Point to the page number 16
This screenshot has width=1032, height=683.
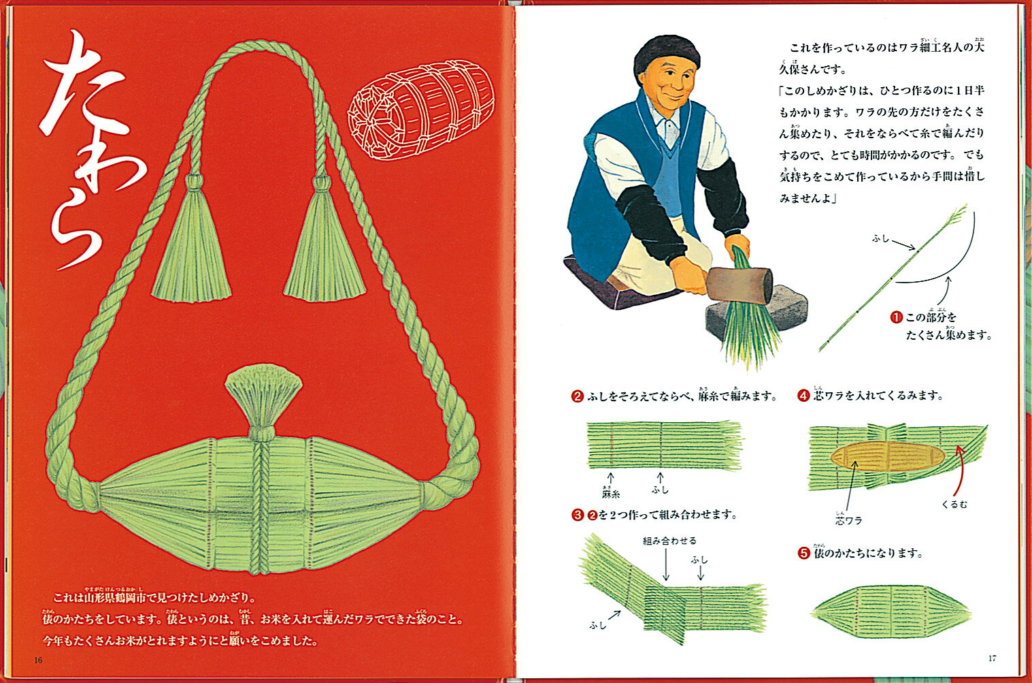(x=38, y=660)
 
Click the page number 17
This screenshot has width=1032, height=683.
(x=993, y=658)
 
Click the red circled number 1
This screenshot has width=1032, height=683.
(x=896, y=317)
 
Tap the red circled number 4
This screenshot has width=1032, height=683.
(x=803, y=395)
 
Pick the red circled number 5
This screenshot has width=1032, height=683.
(x=803, y=553)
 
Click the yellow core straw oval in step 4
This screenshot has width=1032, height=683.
(x=887, y=456)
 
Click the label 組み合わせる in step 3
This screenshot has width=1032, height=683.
(x=669, y=541)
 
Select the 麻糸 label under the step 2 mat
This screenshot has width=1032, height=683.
(x=611, y=494)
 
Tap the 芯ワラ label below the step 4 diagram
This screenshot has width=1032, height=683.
(x=848, y=520)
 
